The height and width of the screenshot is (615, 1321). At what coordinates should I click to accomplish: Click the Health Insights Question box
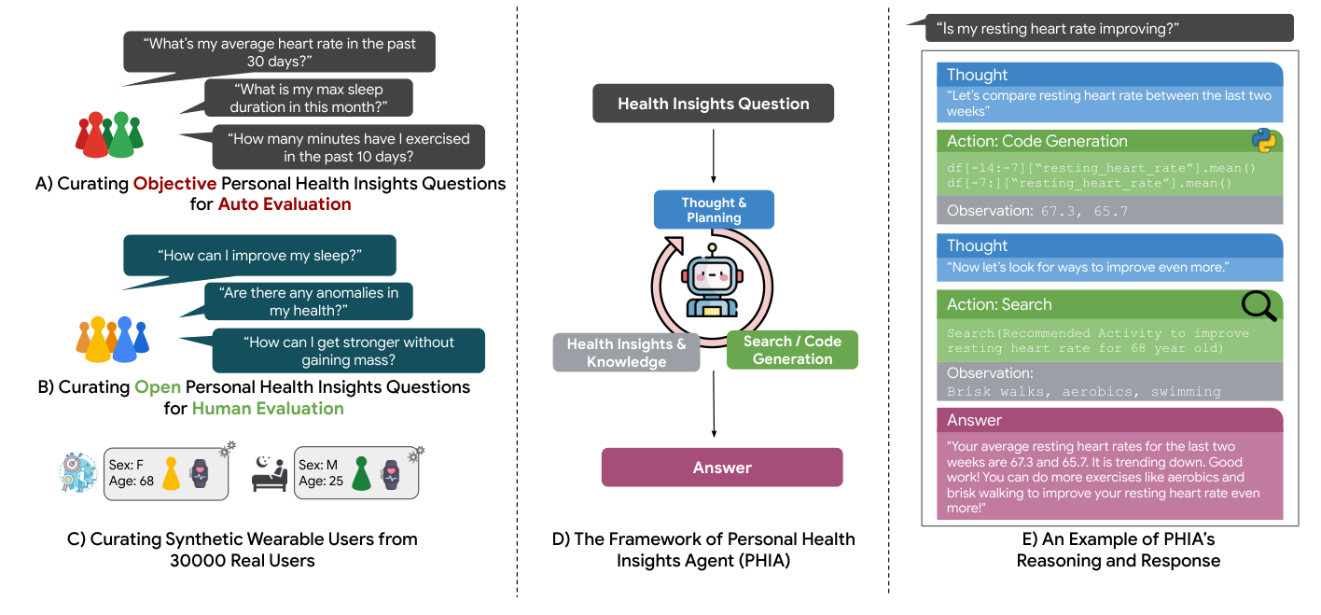click(x=713, y=104)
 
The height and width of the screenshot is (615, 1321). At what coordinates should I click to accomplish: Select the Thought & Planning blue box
click(x=714, y=210)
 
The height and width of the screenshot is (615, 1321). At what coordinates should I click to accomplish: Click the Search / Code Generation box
click(x=791, y=350)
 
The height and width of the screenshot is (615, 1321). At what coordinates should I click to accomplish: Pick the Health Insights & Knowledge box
click(x=626, y=353)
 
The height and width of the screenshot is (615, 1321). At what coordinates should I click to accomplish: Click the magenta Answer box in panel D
click(x=721, y=468)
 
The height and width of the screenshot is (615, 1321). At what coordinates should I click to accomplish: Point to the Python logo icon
click(x=1264, y=140)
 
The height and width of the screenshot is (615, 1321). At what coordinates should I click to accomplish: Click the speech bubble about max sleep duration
click(x=308, y=98)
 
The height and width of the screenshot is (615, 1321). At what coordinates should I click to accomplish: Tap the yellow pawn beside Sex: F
click(x=172, y=472)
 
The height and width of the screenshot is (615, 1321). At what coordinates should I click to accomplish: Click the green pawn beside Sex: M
click(x=362, y=472)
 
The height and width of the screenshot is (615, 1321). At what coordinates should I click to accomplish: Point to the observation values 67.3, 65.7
click(x=1083, y=211)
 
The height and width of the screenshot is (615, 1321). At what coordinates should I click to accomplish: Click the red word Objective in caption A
click(x=179, y=183)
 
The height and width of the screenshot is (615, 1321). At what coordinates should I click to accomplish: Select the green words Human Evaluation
click(x=268, y=408)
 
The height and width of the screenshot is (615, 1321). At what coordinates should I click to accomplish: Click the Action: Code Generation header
click(x=1036, y=141)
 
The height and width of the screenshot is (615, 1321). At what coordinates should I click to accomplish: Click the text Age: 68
click(x=131, y=482)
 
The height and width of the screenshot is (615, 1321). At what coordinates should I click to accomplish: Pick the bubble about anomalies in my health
click(x=308, y=301)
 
